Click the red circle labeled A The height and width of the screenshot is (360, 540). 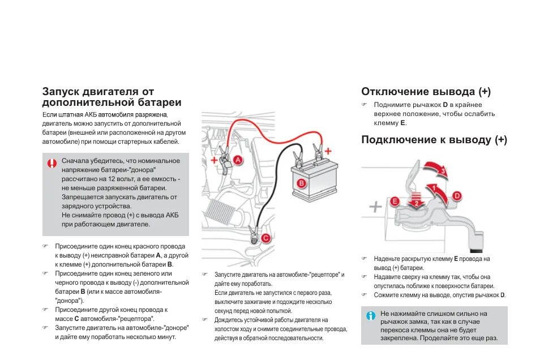pos(238,160)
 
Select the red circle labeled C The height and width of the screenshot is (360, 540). pos(265,239)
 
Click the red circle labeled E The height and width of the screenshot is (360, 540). pos(395,201)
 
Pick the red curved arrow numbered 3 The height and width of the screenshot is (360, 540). pos(438,169)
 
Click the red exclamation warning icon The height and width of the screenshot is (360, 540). pos(52,164)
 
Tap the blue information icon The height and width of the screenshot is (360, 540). pos(371,316)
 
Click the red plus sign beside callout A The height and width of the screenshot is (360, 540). pos(214,161)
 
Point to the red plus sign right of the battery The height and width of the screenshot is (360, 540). pos(328,151)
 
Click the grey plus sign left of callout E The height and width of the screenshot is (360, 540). pos(375,207)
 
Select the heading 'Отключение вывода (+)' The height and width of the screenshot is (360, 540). pos(426,92)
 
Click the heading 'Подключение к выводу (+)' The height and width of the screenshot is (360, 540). pos(434,140)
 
